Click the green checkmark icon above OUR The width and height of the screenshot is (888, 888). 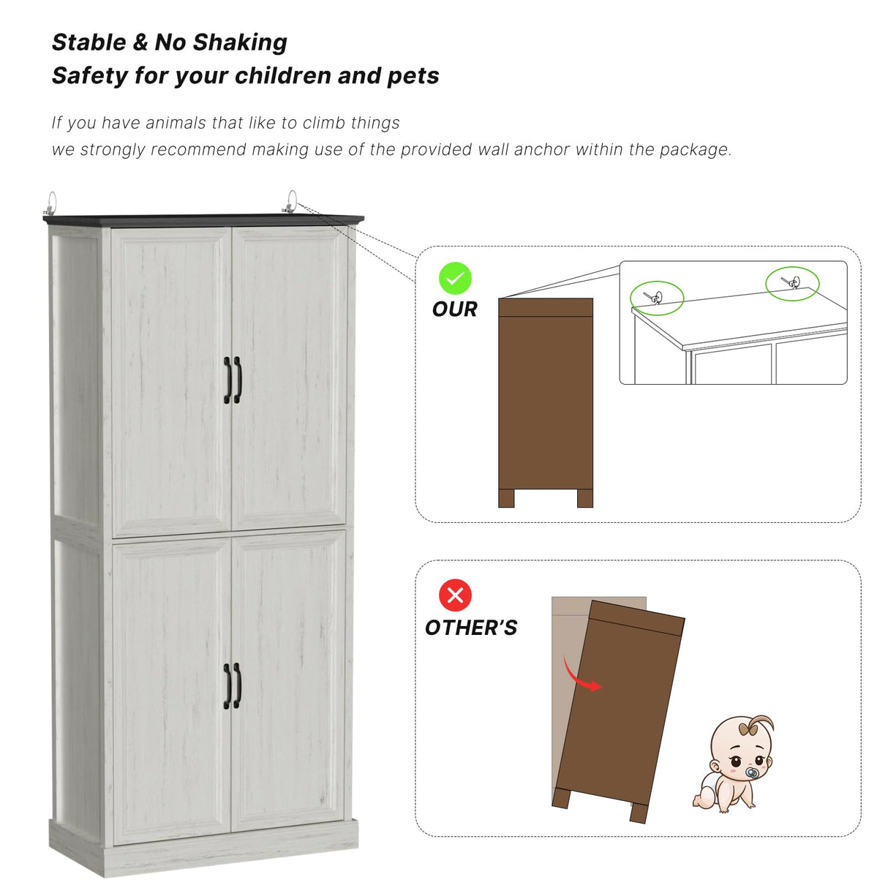coord(455,279)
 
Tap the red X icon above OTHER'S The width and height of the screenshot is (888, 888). coord(455,595)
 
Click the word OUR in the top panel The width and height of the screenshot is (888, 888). coord(454,309)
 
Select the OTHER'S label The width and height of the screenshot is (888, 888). coord(470,628)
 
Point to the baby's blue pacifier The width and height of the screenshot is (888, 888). coord(751,772)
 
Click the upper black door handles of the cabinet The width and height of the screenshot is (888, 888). coord(233,380)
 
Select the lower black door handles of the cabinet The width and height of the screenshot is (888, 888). coord(233,685)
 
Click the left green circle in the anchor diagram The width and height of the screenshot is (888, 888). coord(657,298)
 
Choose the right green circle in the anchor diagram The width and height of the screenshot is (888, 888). coord(792,283)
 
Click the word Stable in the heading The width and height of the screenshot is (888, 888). coord(89,42)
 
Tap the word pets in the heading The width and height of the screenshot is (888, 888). coord(413,76)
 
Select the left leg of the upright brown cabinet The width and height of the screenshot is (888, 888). coord(506,498)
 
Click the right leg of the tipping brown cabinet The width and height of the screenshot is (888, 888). coord(639,812)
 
